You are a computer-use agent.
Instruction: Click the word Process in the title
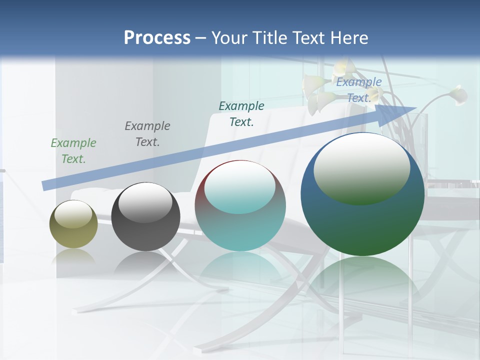click(x=157, y=37)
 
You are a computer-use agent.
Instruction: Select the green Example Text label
click(x=73, y=151)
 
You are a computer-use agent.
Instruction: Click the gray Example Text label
click(x=147, y=134)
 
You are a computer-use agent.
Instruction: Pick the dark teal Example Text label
click(x=241, y=114)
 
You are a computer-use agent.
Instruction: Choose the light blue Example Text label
click(x=359, y=90)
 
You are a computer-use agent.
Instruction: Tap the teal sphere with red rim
click(x=240, y=230)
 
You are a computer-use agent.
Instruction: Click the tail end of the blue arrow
click(x=45, y=185)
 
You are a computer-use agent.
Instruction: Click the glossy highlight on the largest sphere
click(x=361, y=167)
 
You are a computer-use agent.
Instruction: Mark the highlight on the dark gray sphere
click(x=145, y=202)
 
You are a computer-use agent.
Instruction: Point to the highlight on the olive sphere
click(x=73, y=214)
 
